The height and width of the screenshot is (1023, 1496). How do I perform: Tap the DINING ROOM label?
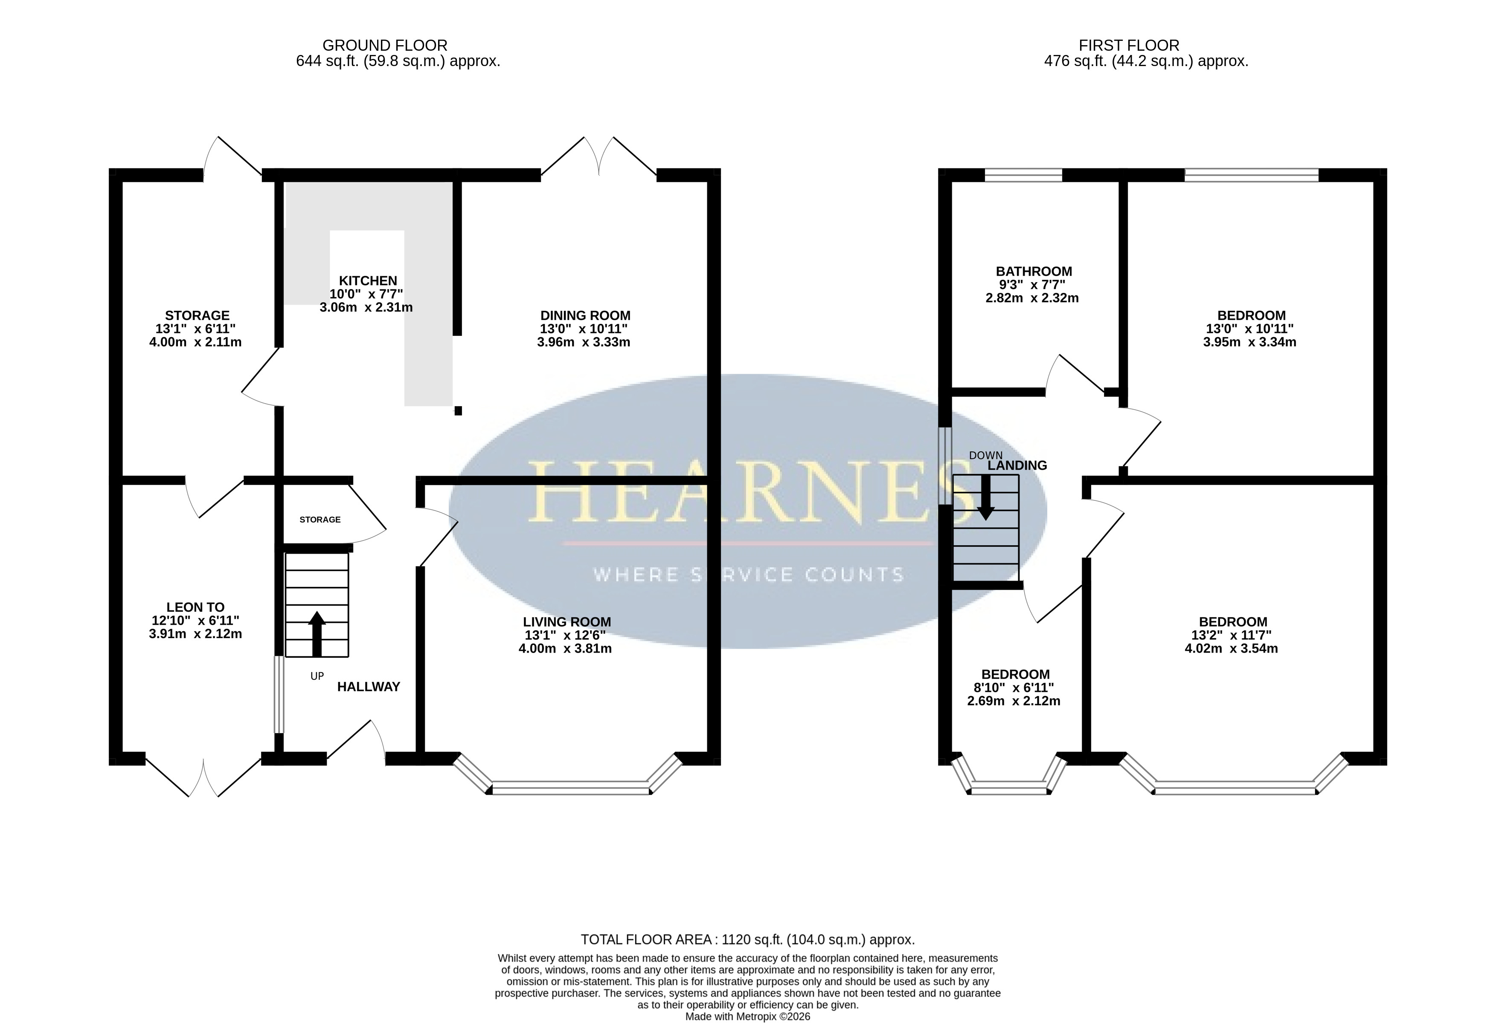click(585, 316)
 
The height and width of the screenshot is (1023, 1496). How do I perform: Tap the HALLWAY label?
click(369, 687)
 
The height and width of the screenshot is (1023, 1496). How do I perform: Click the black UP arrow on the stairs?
click(316, 634)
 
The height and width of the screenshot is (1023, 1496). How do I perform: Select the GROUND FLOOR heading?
click(385, 46)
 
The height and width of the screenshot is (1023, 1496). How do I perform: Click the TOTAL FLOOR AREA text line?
click(747, 940)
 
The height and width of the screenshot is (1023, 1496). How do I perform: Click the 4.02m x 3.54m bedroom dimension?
click(1232, 649)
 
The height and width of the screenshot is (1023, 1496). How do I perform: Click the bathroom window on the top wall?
click(1023, 175)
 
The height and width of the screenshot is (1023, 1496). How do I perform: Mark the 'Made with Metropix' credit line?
click(747, 1017)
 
